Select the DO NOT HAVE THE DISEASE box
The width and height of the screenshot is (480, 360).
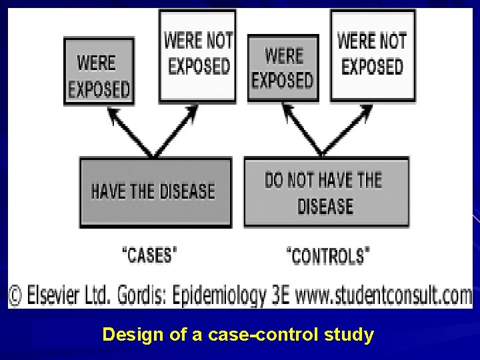point(326,192)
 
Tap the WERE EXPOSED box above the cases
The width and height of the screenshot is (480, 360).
point(99,72)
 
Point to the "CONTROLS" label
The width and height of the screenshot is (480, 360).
point(329,255)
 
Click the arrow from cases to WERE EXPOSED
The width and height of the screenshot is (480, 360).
point(132,135)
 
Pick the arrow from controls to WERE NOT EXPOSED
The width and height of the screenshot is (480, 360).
point(345,135)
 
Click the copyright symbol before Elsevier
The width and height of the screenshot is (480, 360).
point(15,294)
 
